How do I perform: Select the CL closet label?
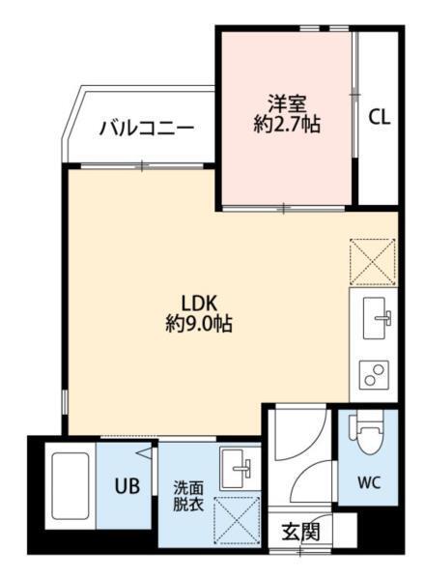point(380,118)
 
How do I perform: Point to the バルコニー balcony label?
point(148,127)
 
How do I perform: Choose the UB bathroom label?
point(127,485)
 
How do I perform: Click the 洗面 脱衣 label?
point(188,496)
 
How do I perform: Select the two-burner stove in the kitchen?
point(374,373)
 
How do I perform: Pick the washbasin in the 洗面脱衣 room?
point(236,468)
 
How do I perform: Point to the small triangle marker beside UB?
point(143,453)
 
